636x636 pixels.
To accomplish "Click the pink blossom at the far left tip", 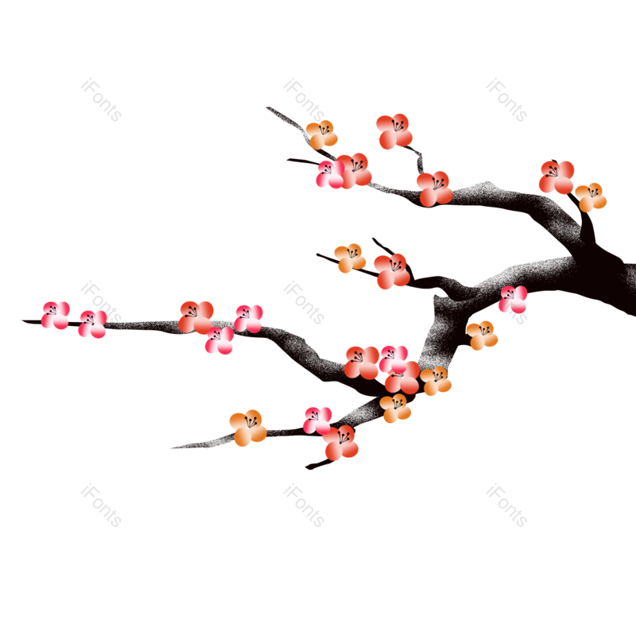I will (x=56, y=316).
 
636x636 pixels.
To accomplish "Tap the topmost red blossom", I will (x=394, y=130).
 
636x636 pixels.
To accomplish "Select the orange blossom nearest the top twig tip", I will (x=322, y=134).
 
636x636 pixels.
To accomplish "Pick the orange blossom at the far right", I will (x=591, y=197).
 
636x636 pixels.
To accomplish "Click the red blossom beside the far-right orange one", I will (x=556, y=177).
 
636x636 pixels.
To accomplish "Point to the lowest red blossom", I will (x=341, y=443).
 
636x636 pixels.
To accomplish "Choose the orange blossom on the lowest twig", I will (x=248, y=428).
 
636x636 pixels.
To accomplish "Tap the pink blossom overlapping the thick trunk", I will (x=513, y=300).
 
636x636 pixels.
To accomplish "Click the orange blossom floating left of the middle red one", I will (x=350, y=258).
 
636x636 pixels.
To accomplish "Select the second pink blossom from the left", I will (x=93, y=324).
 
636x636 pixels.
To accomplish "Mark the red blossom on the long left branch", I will (x=196, y=316).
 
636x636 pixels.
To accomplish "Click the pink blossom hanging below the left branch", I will (x=219, y=340).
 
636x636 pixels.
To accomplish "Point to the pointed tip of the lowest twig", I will (x=170, y=448).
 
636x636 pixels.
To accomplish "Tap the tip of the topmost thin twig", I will (x=266, y=107).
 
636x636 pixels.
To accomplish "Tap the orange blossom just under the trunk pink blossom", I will (x=482, y=335).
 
